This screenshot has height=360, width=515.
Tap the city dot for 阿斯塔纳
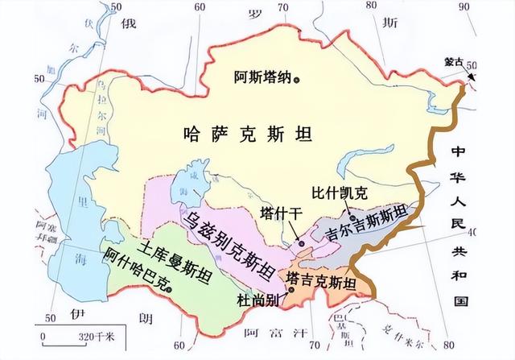coord(297,79)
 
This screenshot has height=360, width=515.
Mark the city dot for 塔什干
coord(300,242)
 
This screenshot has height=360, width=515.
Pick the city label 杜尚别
coord(257,300)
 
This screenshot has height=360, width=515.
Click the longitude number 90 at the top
coord(462,7)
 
